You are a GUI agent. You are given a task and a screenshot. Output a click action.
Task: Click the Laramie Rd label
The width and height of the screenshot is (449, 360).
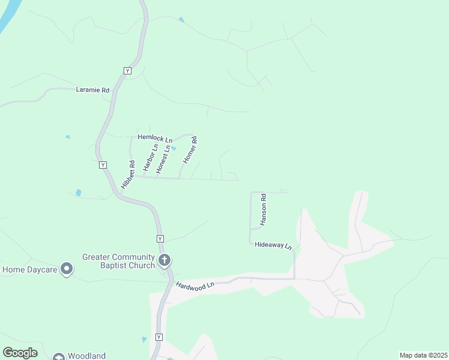(92, 90)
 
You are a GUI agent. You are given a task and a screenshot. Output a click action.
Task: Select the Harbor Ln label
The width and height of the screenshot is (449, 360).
(150, 158)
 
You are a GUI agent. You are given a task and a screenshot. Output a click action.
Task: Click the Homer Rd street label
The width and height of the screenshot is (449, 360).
(190, 151)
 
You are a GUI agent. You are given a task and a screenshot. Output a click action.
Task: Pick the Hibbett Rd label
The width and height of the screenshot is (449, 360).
(128, 175)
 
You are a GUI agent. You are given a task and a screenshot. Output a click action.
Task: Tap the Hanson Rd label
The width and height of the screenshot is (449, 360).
(263, 210)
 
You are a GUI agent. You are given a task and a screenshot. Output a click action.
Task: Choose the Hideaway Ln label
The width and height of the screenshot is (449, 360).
(273, 245)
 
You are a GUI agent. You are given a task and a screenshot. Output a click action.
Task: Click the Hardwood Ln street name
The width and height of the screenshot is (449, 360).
(195, 286)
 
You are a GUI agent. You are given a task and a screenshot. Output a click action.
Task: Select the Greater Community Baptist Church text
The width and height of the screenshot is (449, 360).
(118, 261)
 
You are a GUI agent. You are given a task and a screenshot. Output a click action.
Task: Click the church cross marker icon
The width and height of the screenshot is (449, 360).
(164, 260)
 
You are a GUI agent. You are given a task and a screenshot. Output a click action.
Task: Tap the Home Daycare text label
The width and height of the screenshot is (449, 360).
(29, 269)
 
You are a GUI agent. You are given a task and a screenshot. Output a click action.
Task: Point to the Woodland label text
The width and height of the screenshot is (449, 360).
(86, 356)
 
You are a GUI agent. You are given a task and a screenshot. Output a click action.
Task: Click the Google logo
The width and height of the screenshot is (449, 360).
(20, 353)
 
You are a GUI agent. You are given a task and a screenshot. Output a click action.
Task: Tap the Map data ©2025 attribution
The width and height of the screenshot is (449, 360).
(423, 355)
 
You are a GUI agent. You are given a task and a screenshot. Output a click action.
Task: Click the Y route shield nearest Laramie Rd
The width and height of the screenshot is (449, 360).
(127, 71)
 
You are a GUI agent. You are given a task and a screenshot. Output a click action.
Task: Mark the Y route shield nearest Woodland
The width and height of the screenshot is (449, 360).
(159, 337)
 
